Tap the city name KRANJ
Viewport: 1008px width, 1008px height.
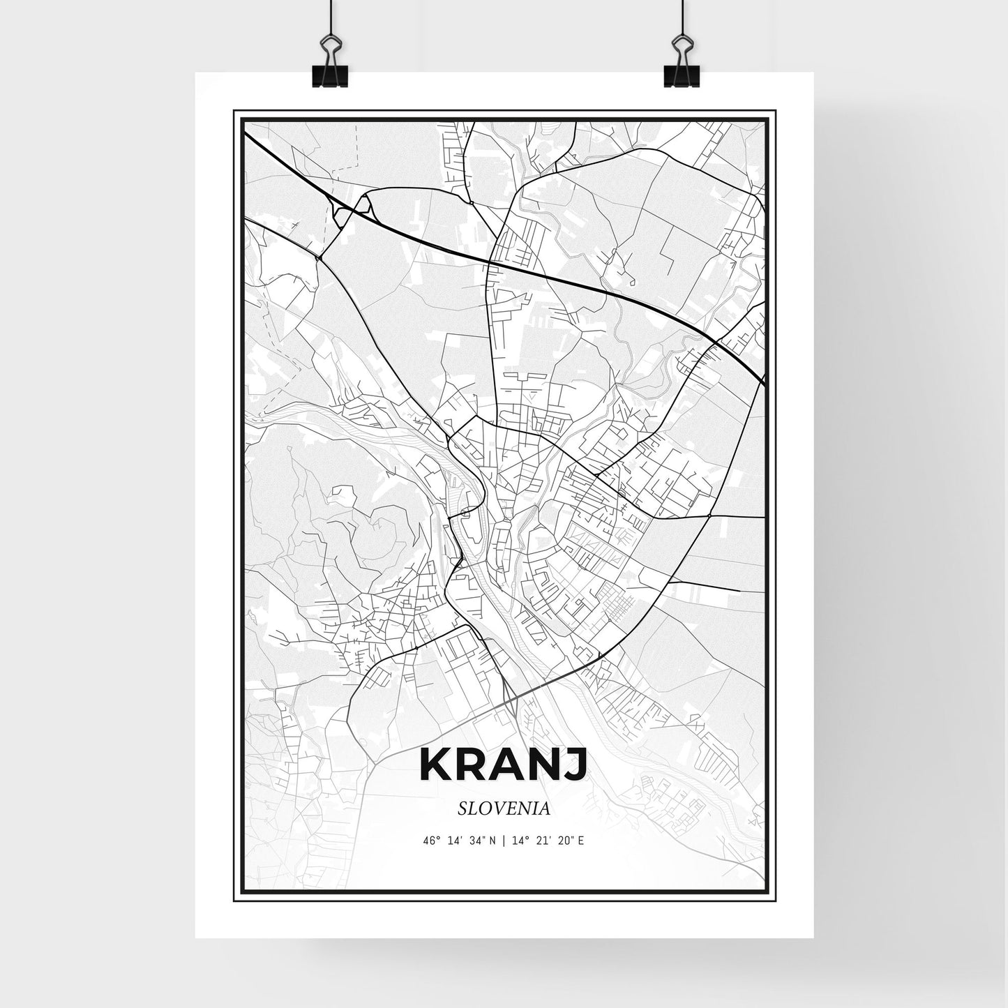pos(504,766)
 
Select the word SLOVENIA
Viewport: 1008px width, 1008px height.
pos(504,808)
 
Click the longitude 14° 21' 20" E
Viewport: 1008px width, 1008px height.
pos(548,841)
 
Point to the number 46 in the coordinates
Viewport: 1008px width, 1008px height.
pos(428,841)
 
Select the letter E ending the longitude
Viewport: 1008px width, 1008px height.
pos(580,841)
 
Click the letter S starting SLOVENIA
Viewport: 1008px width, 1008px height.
pos(463,808)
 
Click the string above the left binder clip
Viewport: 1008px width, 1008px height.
pos(328,17)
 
